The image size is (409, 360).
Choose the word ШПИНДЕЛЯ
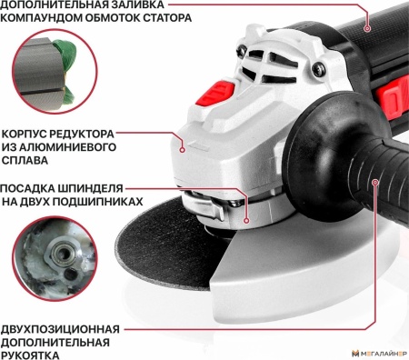(106, 188)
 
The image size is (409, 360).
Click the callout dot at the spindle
(246, 218)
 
